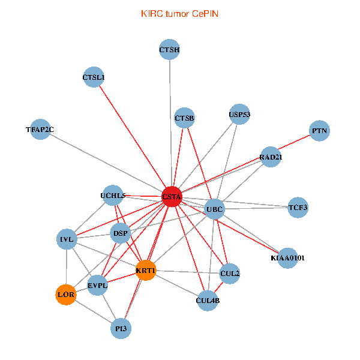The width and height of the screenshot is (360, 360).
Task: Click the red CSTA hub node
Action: click(x=172, y=197)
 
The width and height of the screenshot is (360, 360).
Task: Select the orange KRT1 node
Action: click(x=146, y=271)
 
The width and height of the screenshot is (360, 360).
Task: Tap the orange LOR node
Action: click(x=66, y=295)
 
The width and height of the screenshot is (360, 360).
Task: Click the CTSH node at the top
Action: click(x=170, y=50)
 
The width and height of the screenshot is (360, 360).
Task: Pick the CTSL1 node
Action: click(x=94, y=77)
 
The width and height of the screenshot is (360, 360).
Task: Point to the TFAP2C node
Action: click(x=40, y=129)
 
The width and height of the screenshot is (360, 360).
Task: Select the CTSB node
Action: click(x=185, y=118)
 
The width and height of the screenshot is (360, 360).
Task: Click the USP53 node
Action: click(x=239, y=114)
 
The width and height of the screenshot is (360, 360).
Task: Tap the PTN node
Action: click(x=320, y=131)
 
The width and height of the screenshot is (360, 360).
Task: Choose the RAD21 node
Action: click(x=271, y=157)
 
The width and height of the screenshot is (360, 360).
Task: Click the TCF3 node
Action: click(x=298, y=208)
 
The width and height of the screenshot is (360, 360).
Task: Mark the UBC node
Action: click(x=214, y=209)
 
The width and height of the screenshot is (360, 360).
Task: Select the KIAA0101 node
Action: click(x=288, y=258)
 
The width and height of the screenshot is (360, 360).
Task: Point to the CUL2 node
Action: click(x=230, y=274)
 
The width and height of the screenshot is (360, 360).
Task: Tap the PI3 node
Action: click(x=121, y=329)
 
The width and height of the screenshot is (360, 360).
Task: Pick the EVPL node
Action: click(x=97, y=285)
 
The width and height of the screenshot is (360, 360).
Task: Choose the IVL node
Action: click(x=67, y=239)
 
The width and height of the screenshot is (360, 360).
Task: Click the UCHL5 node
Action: click(x=113, y=195)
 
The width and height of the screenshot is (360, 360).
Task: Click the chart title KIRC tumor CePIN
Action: click(x=179, y=13)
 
